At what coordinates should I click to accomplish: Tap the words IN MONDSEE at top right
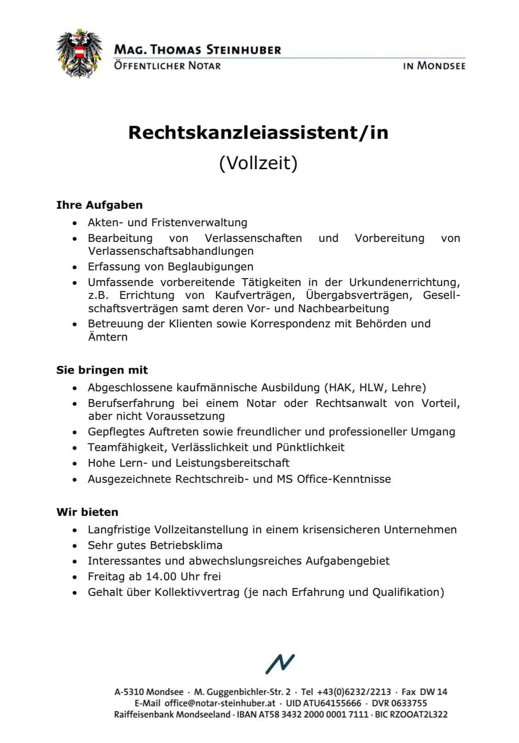tap(434, 66)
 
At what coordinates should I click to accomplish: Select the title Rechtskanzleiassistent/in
tap(258, 133)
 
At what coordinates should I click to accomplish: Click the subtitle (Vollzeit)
tap(258, 163)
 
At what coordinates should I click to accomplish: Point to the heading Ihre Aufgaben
tap(99, 205)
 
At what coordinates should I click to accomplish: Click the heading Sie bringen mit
tap(102, 370)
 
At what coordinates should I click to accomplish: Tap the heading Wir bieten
tap(87, 512)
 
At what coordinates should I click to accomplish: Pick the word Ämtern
tap(108, 337)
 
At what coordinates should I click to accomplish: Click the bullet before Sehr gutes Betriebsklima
tap(75, 546)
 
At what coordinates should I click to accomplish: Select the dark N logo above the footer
tap(279, 664)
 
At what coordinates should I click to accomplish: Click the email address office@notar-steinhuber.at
tap(220, 703)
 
